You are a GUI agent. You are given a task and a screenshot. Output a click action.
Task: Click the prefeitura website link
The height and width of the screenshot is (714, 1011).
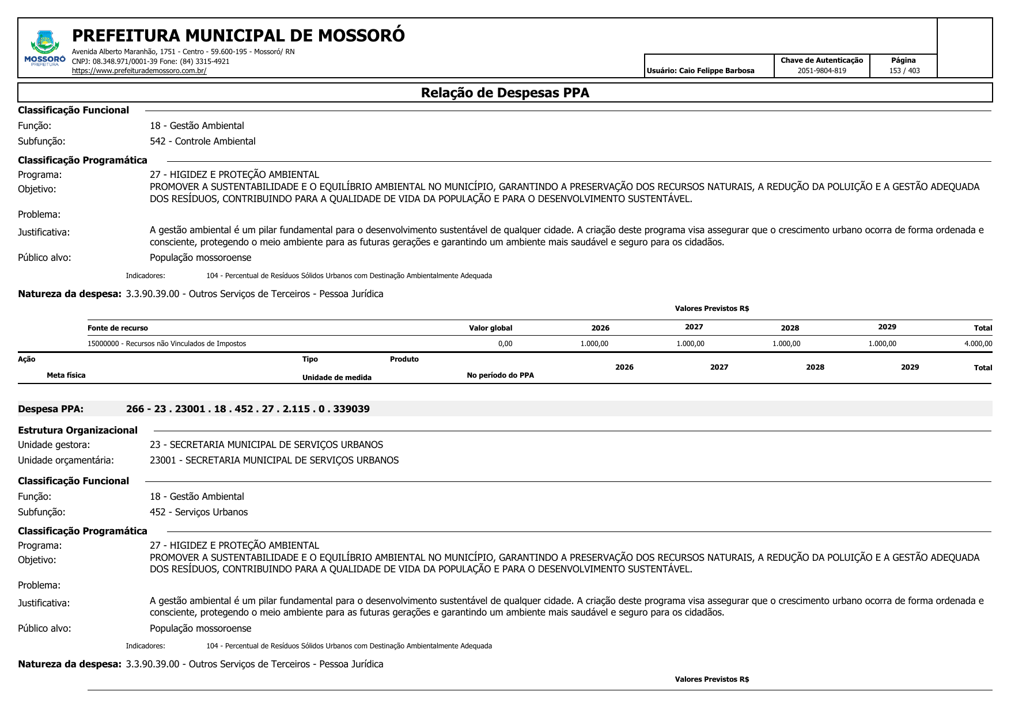click(139, 71)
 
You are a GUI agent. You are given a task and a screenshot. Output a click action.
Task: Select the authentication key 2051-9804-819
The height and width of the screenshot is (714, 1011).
click(821, 71)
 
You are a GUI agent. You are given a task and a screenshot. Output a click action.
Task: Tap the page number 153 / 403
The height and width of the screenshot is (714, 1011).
click(904, 71)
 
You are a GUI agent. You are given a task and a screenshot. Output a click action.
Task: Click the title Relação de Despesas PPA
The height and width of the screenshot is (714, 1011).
click(505, 93)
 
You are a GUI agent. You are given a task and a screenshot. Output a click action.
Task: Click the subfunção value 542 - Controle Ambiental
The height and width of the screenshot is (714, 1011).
click(202, 141)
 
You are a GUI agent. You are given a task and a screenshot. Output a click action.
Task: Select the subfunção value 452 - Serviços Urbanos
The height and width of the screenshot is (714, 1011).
click(199, 512)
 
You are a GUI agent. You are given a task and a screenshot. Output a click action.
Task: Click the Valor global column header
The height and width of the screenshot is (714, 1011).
click(490, 328)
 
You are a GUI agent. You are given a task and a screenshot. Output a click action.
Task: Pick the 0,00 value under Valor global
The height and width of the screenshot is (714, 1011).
click(505, 344)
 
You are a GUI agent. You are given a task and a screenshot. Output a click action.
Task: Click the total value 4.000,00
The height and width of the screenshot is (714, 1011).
click(978, 344)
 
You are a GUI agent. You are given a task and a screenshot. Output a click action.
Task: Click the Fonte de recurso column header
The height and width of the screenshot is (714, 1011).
click(118, 328)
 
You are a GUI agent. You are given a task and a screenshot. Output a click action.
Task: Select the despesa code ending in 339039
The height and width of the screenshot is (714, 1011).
click(248, 409)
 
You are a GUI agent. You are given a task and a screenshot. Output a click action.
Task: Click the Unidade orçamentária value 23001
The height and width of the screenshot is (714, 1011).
click(274, 460)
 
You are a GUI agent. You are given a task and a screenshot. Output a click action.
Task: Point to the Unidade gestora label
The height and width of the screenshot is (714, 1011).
click(54, 445)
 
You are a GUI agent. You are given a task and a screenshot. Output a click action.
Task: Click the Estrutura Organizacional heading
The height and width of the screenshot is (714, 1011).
click(78, 430)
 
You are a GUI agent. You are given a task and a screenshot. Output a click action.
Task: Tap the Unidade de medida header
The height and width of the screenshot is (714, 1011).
click(336, 378)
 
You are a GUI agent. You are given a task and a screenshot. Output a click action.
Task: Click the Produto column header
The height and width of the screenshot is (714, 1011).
click(404, 359)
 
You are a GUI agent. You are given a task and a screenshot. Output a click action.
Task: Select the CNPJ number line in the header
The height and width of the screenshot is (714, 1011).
click(150, 62)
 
